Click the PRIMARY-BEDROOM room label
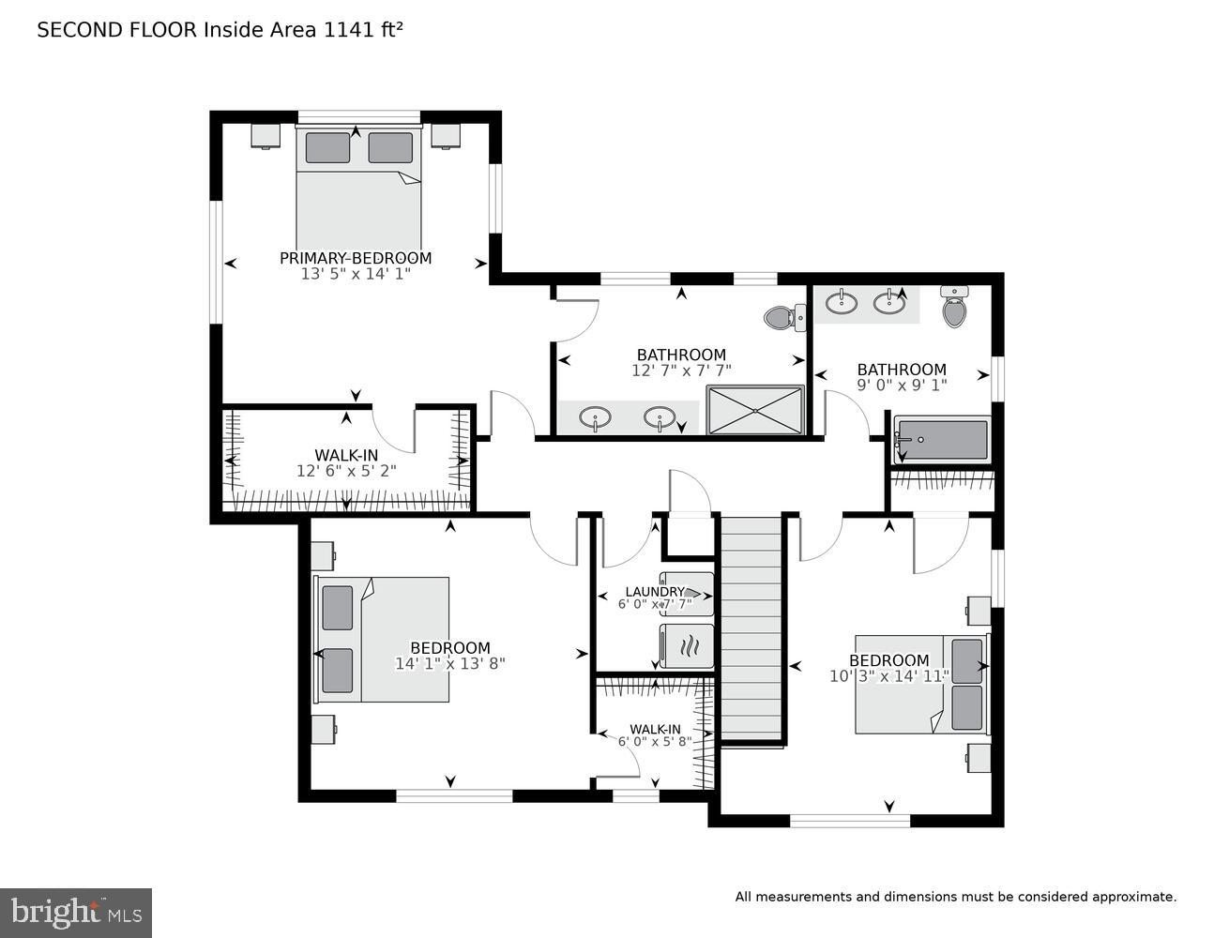(x=356, y=258)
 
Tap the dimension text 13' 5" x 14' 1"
(x=356, y=274)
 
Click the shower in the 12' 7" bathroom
(x=755, y=410)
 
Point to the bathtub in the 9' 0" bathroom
(x=942, y=439)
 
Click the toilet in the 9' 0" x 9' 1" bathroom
(x=954, y=308)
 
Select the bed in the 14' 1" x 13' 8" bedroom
(x=385, y=639)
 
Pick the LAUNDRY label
(x=654, y=592)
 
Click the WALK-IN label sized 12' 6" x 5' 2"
(x=346, y=456)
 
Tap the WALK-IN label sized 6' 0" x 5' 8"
(x=655, y=729)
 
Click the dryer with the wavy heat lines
(x=687, y=645)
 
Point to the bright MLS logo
(x=76, y=913)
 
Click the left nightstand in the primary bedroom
(x=266, y=136)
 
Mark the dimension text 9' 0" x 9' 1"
(x=902, y=385)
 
